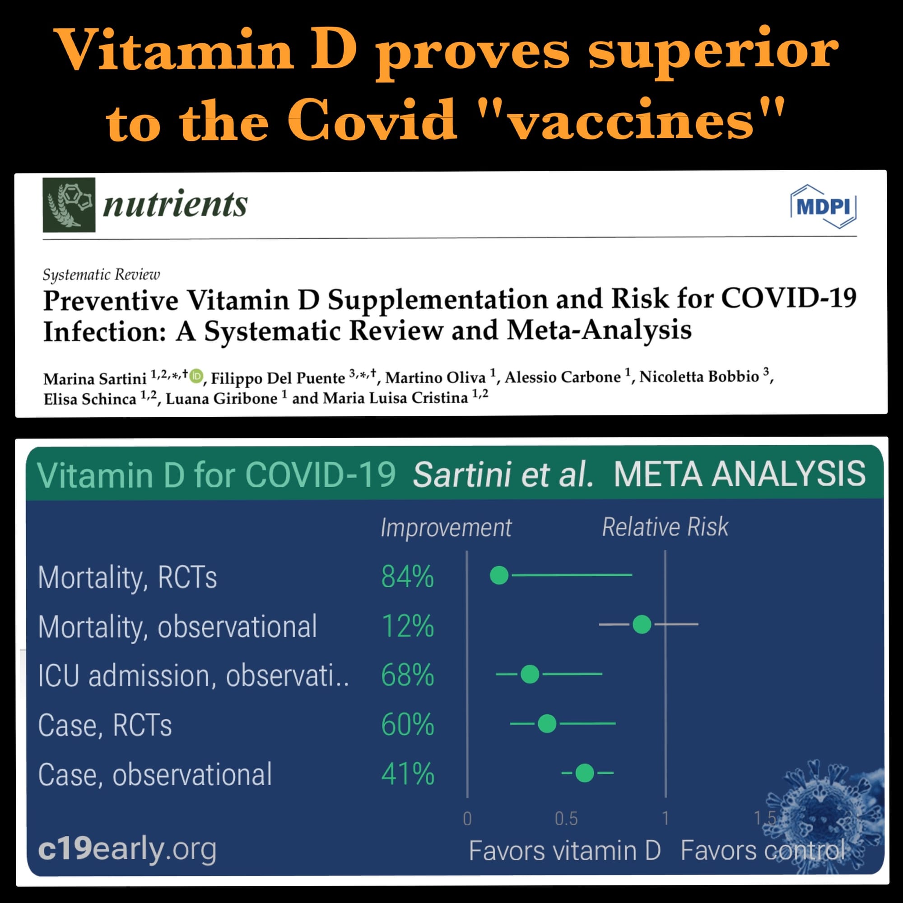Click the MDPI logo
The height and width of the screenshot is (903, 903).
coord(823,206)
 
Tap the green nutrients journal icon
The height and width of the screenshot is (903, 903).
coord(69,205)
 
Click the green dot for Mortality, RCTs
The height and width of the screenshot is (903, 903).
coord(499,575)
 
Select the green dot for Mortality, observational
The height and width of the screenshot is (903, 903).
coord(642,624)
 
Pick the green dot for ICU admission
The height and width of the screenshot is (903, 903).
coord(530,674)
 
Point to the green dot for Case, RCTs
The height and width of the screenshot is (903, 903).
coord(547,723)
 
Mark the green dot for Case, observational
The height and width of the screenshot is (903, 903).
coord(585,773)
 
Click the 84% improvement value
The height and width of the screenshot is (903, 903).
coord(408,576)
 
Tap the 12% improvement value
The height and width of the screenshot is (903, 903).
coord(408,626)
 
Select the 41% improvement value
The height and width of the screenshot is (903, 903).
coord(408,774)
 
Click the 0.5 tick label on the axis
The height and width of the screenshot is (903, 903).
coord(566,819)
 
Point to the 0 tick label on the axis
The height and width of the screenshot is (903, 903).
coord(467,819)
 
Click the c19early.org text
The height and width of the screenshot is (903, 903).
coord(127,849)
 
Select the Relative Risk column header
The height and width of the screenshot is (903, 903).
coord(665,527)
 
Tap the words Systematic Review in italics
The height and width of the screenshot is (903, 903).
coord(102,275)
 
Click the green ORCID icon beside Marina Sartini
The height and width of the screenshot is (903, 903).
coord(197,375)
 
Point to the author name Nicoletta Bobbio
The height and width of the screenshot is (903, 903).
coord(699,376)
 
